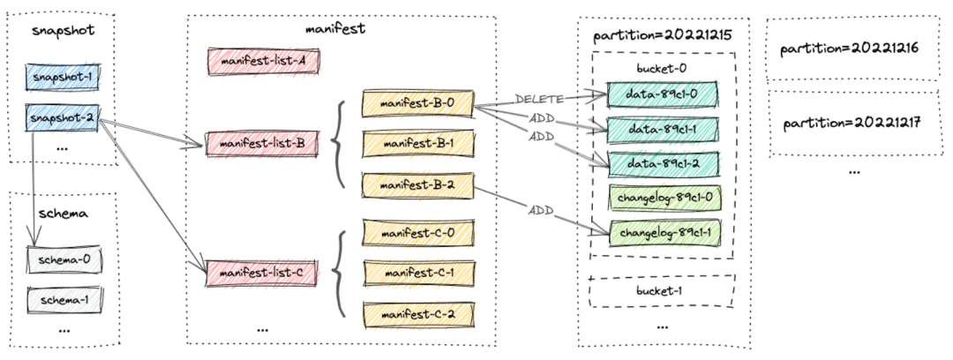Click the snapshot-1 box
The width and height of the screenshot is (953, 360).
(x=64, y=78)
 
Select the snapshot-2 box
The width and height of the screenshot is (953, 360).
(x=64, y=117)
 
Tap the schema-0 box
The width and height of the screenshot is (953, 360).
(x=64, y=260)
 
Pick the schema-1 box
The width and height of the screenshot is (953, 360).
(x=64, y=300)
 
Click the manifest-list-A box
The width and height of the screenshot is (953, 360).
(x=263, y=62)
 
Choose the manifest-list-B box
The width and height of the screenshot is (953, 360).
(x=263, y=144)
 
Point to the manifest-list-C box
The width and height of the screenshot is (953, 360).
(x=263, y=273)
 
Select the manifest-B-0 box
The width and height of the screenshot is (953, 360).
(x=417, y=102)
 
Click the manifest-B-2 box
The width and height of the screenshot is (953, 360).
(x=417, y=185)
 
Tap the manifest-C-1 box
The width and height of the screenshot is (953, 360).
(x=417, y=273)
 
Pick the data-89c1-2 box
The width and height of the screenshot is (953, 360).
(x=663, y=163)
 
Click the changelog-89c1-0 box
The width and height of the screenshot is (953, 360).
(x=664, y=198)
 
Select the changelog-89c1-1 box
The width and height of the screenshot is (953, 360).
(x=664, y=232)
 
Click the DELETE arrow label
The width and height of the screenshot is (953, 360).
(x=539, y=99)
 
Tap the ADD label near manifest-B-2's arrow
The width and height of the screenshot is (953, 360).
(x=540, y=211)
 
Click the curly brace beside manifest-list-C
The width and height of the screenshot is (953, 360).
(x=338, y=273)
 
